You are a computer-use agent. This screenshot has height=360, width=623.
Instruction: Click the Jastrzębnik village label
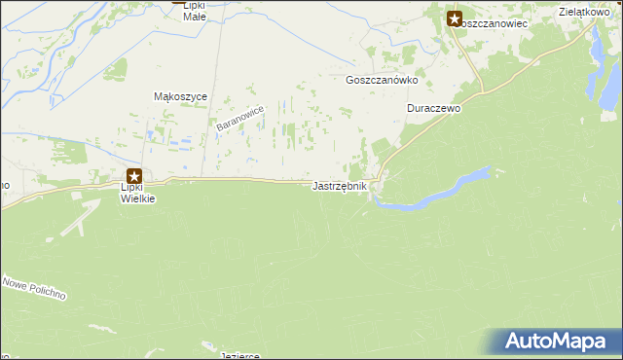[340, 186]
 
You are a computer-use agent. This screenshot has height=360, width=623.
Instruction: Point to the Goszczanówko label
[382, 82]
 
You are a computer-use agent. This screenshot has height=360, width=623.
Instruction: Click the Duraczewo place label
[433, 109]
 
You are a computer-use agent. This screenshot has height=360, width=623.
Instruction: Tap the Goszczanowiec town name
[493, 22]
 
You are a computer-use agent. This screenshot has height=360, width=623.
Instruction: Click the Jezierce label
[239, 355]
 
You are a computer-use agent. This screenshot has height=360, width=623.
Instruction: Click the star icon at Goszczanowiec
[455, 17]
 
